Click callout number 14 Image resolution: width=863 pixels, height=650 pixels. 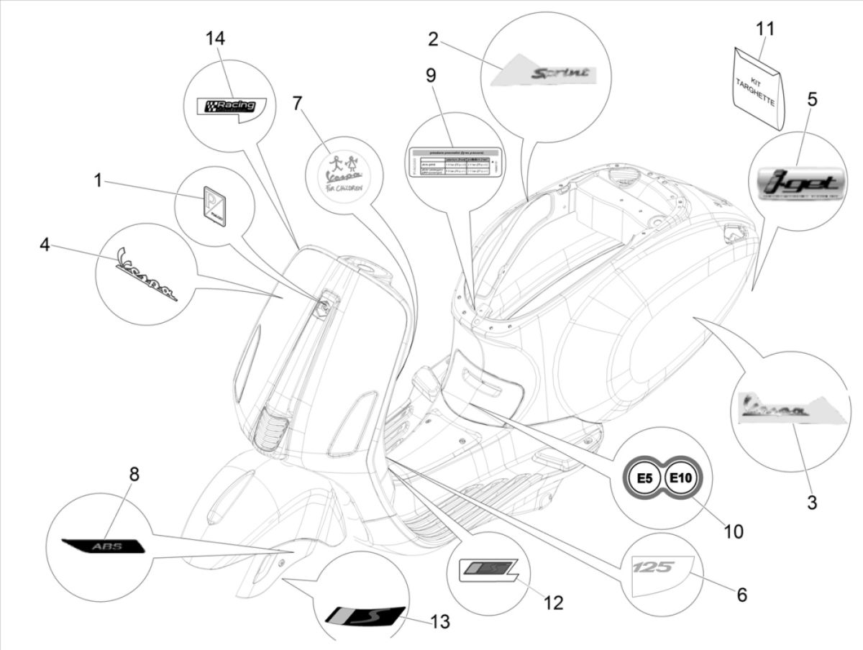pyautogui.click(x=214, y=39)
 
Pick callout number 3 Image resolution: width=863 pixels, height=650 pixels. pyautogui.click(x=811, y=503)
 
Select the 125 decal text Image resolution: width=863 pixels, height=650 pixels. pyautogui.click(x=652, y=568)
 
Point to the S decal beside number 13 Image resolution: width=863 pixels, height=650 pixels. pyautogui.click(x=363, y=615)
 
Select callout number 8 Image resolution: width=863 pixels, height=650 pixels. pyautogui.click(x=134, y=475)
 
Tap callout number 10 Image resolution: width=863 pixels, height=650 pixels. pyautogui.click(x=733, y=531)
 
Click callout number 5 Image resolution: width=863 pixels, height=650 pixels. pyautogui.click(x=811, y=99)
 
